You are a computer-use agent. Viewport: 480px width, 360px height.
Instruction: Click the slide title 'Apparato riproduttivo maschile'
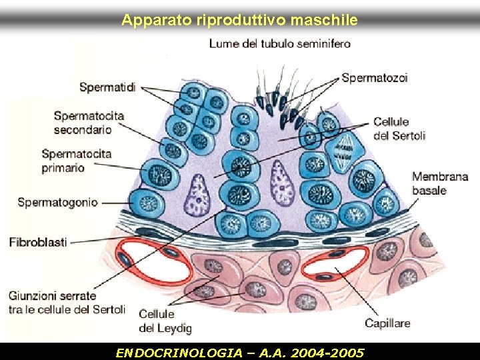pyautogui.click(x=239, y=21)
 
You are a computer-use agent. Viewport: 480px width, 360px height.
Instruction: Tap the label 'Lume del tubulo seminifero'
pyautogui.click(x=279, y=44)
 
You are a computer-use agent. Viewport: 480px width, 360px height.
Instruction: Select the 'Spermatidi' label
pyautogui.click(x=107, y=87)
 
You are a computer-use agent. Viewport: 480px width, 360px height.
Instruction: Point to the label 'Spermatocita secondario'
pyautogui.click(x=89, y=123)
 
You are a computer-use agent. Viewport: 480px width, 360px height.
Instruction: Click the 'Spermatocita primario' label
pyautogui.click(x=76, y=161)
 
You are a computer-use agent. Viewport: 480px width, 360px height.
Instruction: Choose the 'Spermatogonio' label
pyautogui.click(x=57, y=202)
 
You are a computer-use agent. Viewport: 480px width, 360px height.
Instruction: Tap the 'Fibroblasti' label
pyautogui.click(x=38, y=242)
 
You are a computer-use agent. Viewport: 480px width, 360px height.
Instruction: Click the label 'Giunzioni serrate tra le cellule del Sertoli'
pyautogui.click(x=67, y=302)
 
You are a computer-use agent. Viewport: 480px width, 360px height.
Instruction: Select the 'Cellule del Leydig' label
pyautogui.click(x=165, y=321)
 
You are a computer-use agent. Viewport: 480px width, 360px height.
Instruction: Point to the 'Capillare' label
pyautogui.click(x=387, y=324)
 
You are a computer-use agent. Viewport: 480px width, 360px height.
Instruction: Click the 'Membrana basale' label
pyautogui.click(x=440, y=183)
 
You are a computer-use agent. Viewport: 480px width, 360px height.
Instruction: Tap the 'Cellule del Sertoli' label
pyautogui.click(x=399, y=129)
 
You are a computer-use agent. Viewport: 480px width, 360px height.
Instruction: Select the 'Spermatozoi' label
pyautogui.click(x=375, y=78)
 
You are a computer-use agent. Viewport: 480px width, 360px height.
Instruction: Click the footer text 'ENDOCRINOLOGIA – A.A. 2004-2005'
pyautogui.click(x=240, y=352)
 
